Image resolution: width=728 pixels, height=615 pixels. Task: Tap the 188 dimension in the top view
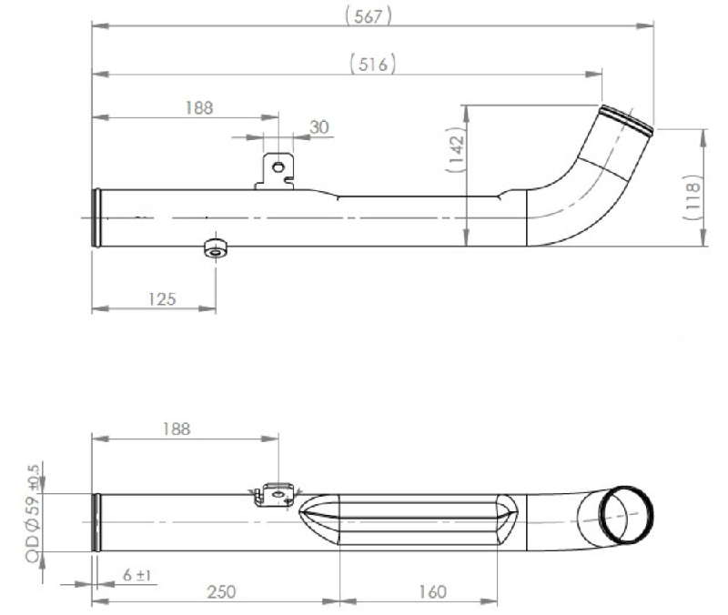coord(197,107)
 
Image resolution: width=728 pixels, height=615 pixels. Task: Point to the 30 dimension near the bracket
coord(318,127)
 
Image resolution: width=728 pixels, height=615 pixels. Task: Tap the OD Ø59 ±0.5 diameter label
coord(35,514)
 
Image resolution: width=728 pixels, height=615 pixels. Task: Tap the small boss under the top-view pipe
coord(215,248)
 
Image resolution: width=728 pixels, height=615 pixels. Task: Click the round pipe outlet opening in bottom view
coord(626,513)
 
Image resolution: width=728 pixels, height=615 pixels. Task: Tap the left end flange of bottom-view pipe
coord(96,520)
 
